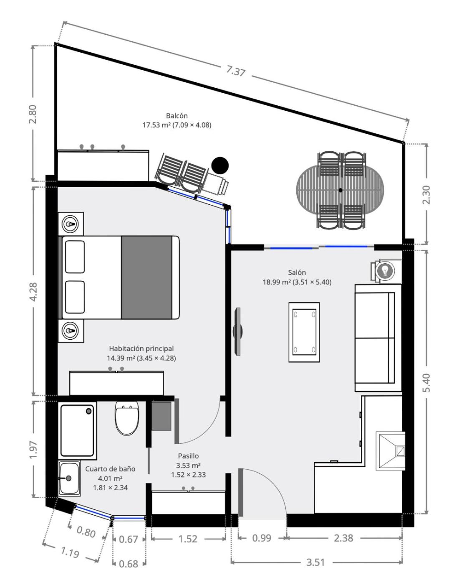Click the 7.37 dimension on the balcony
click(x=235, y=71)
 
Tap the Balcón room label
click(x=177, y=116)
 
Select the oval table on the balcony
click(x=340, y=190)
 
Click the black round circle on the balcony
click(x=220, y=165)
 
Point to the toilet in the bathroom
click(x=127, y=418)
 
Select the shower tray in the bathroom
click(x=78, y=430)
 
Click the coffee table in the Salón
click(x=304, y=332)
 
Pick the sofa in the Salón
click(x=378, y=338)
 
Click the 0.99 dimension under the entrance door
click(x=262, y=538)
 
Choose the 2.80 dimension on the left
click(x=33, y=114)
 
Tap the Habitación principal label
click(x=141, y=348)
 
